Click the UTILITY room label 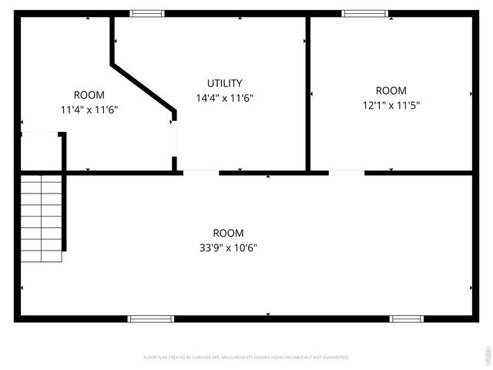[x=225, y=83]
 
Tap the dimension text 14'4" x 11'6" [x=225, y=98]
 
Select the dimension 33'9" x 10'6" [x=229, y=247]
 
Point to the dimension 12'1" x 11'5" [x=391, y=105]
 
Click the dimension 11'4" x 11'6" [x=89, y=109]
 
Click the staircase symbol [x=42, y=217]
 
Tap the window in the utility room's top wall [x=146, y=13]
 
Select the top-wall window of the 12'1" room [x=365, y=13]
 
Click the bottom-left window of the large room [x=151, y=318]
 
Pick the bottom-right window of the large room [x=407, y=318]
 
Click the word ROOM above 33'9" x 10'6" [x=229, y=233]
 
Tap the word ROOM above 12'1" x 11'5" [x=391, y=90]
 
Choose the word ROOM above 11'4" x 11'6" [x=89, y=95]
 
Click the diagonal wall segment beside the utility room [x=143, y=89]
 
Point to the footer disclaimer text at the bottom [x=246, y=358]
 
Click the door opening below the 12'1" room [x=347, y=172]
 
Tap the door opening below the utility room [x=201, y=172]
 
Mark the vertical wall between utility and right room [x=308, y=92]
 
